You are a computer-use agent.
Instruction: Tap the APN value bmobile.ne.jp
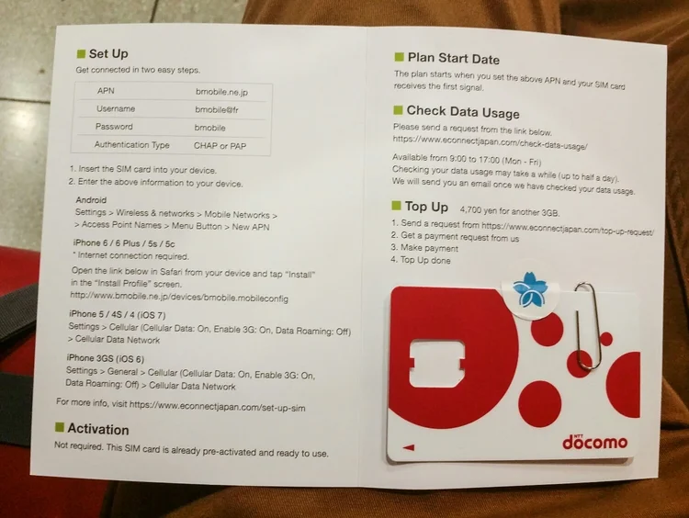point(222,92)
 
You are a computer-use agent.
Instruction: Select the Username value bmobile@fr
point(217,110)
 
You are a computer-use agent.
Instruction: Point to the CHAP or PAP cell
point(220,146)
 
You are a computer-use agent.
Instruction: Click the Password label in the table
point(114,127)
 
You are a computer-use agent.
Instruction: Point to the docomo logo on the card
point(595,442)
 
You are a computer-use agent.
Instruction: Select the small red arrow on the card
point(409,447)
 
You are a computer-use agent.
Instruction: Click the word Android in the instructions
point(91,200)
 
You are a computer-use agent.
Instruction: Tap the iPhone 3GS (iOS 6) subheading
point(106,358)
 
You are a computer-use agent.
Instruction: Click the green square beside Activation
point(60,427)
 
